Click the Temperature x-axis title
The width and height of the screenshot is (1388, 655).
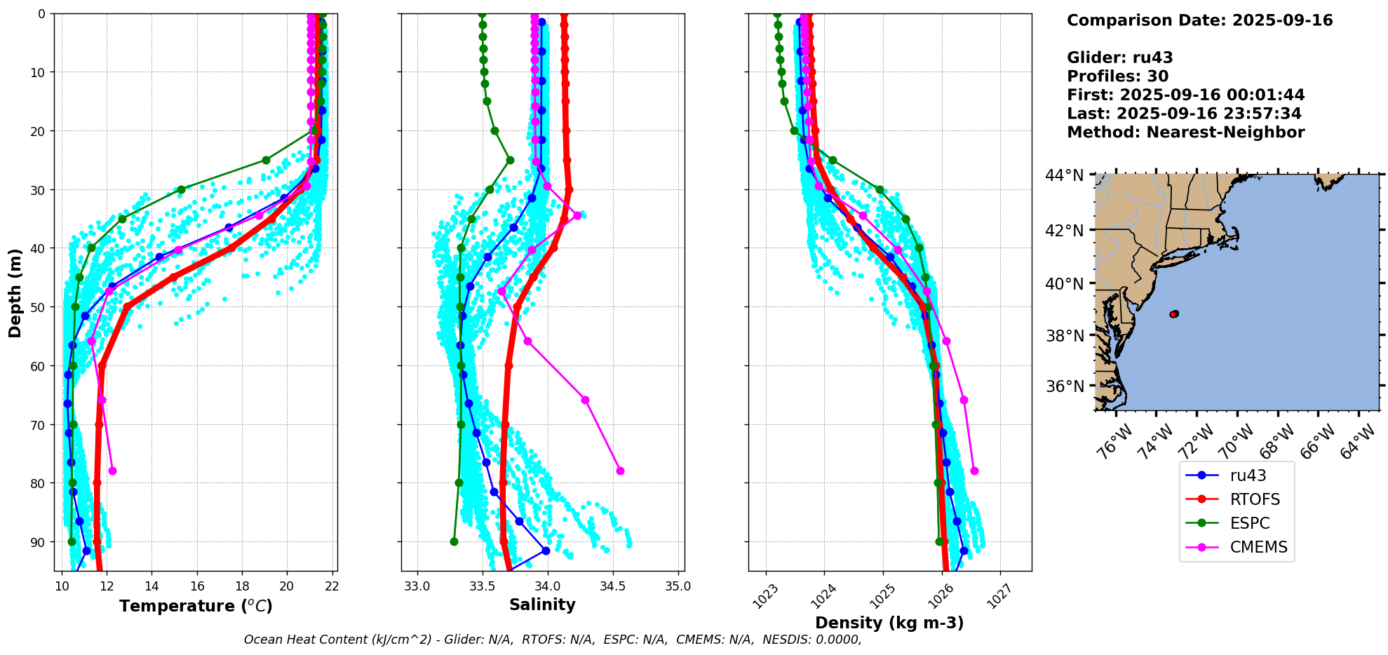click(196, 606)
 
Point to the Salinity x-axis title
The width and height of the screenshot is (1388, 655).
click(542, 605)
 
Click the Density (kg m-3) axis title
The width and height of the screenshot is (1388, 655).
click(889, 623)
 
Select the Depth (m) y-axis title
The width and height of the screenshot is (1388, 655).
click(15, 293)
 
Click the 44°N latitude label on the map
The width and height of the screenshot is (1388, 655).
click(1065, 175)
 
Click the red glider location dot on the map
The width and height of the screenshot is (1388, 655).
click(1174, 314)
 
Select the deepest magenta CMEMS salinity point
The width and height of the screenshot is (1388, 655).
click(620, 471)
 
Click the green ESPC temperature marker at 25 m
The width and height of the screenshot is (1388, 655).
click(266, 160)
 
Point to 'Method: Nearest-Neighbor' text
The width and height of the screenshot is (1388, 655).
click(1186, 133)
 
